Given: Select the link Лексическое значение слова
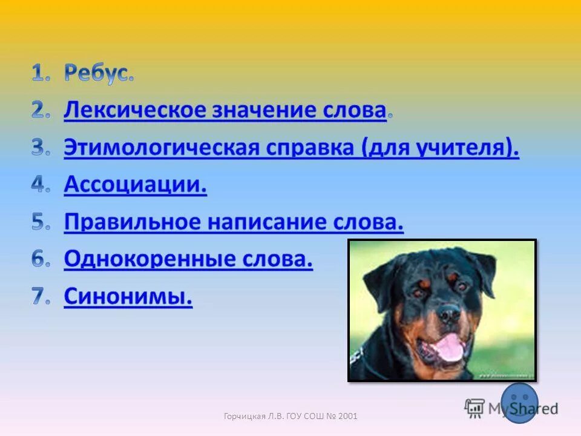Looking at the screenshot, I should (x=225, y=111).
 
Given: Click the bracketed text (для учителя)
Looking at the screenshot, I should (x=440, y=148).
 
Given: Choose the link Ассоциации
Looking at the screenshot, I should (x=135, y=186).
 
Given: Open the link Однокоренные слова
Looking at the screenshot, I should (x=188, y=260).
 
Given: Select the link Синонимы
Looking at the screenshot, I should (x=128, y=297).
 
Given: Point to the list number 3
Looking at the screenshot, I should (x=40, y=148).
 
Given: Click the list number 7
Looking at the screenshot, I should (x=40, y=297).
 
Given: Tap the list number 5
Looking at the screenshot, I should (x=40, y=223).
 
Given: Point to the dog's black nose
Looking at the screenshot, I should (x=449, y=313).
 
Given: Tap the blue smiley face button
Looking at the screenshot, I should (x=519, y=402).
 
